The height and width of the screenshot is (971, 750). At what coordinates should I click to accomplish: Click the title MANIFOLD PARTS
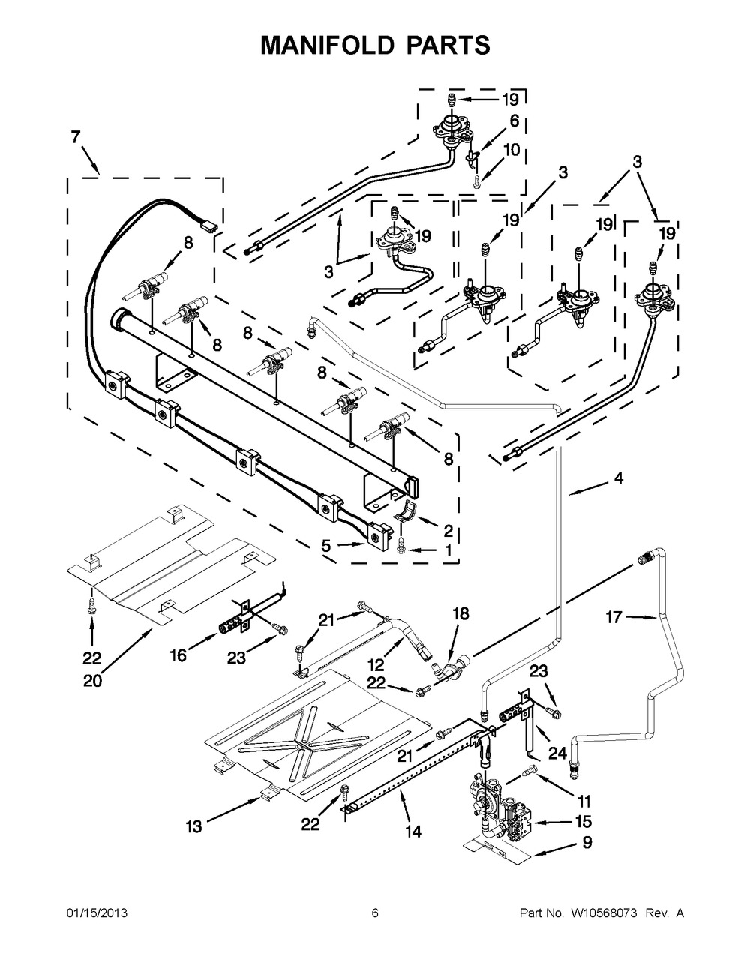coord(375,44)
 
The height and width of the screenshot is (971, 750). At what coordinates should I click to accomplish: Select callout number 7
coord(75,137)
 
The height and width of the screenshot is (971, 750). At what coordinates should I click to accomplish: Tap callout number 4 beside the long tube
coord(618,478)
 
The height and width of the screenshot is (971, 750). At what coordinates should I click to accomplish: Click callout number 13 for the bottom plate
coord(194,826)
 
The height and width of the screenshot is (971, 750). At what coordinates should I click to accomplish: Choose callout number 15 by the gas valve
coord(583,821)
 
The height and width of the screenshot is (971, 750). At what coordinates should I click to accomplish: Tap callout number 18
coord(460,613)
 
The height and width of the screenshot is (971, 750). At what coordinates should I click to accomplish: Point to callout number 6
coord(514,121)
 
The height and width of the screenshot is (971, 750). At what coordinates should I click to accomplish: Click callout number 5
coord(326,547)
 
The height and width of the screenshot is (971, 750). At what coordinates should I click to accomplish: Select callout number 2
coord(448,532)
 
